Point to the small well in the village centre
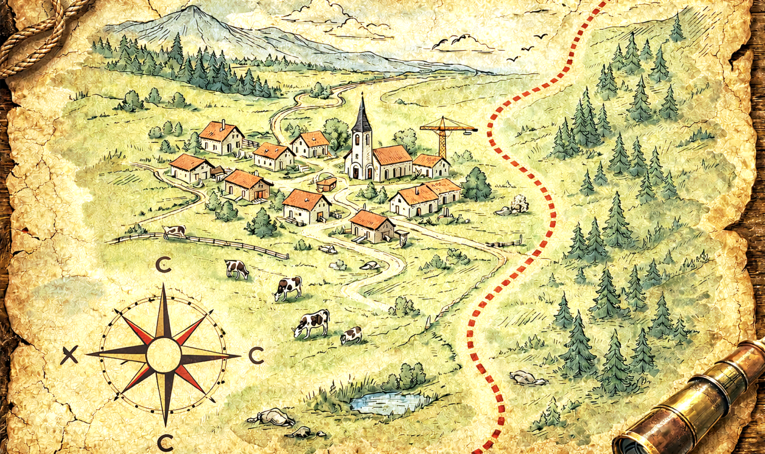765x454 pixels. point(326,184)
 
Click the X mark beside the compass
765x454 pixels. point(69,356)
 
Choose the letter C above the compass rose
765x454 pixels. point(163,265)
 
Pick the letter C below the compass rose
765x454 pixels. point(165,443)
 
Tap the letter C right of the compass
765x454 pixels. point(256,356)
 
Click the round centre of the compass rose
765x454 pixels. point(163,355)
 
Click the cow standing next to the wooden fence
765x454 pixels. point(174,231)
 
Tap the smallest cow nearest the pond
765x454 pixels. point(351,336)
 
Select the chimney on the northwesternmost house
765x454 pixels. point(222,124)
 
